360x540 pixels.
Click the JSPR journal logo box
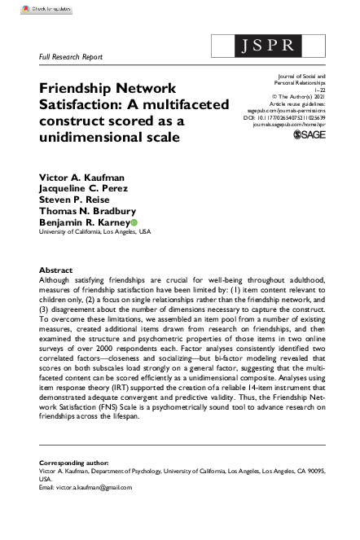point(272,47)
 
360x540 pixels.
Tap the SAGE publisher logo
point(308,134)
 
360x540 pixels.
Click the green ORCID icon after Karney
point(134,221)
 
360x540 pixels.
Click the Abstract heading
point(55,270)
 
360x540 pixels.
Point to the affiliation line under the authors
point(94,231)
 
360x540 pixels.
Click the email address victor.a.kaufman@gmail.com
point(96,487)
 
